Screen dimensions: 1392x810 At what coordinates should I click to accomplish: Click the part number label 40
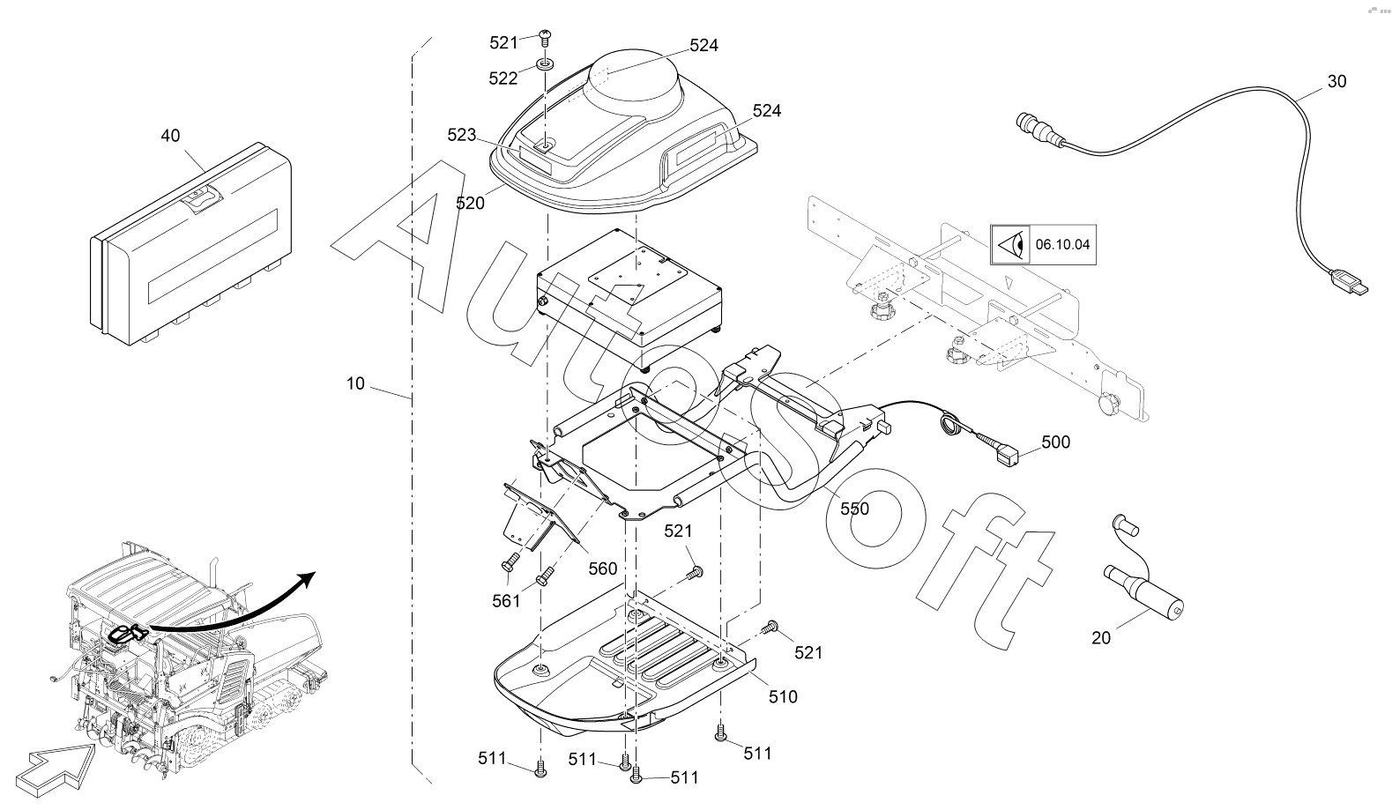click(170, 136)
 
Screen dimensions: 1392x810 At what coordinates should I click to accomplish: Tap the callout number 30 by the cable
click(1336, 81)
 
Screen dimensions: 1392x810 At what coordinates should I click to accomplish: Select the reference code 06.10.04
click(1062, 245)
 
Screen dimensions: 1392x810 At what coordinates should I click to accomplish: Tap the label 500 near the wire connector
click(1056, 442)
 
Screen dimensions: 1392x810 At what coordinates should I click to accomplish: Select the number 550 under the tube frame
click(854, 509)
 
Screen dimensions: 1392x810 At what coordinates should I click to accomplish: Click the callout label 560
click(602, 569)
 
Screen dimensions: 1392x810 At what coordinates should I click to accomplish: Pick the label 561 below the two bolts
click(507, 601)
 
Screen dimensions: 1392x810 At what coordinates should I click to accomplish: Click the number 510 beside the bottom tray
click(783, 697)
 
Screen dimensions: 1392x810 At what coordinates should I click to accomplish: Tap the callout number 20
click(1101, 638)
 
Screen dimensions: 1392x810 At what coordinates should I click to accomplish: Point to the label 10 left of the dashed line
click(355, 384)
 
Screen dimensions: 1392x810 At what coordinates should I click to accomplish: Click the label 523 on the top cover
click(462, 135)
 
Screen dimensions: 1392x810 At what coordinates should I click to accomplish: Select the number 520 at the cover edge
click(471, 203)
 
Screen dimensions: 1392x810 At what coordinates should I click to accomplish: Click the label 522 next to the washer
click(503, 78)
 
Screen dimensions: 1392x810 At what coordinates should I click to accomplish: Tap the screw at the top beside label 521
click(546, 37)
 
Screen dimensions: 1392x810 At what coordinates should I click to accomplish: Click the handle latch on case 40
click(201, 199)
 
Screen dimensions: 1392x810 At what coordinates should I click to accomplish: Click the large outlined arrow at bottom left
click(56, 769)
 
